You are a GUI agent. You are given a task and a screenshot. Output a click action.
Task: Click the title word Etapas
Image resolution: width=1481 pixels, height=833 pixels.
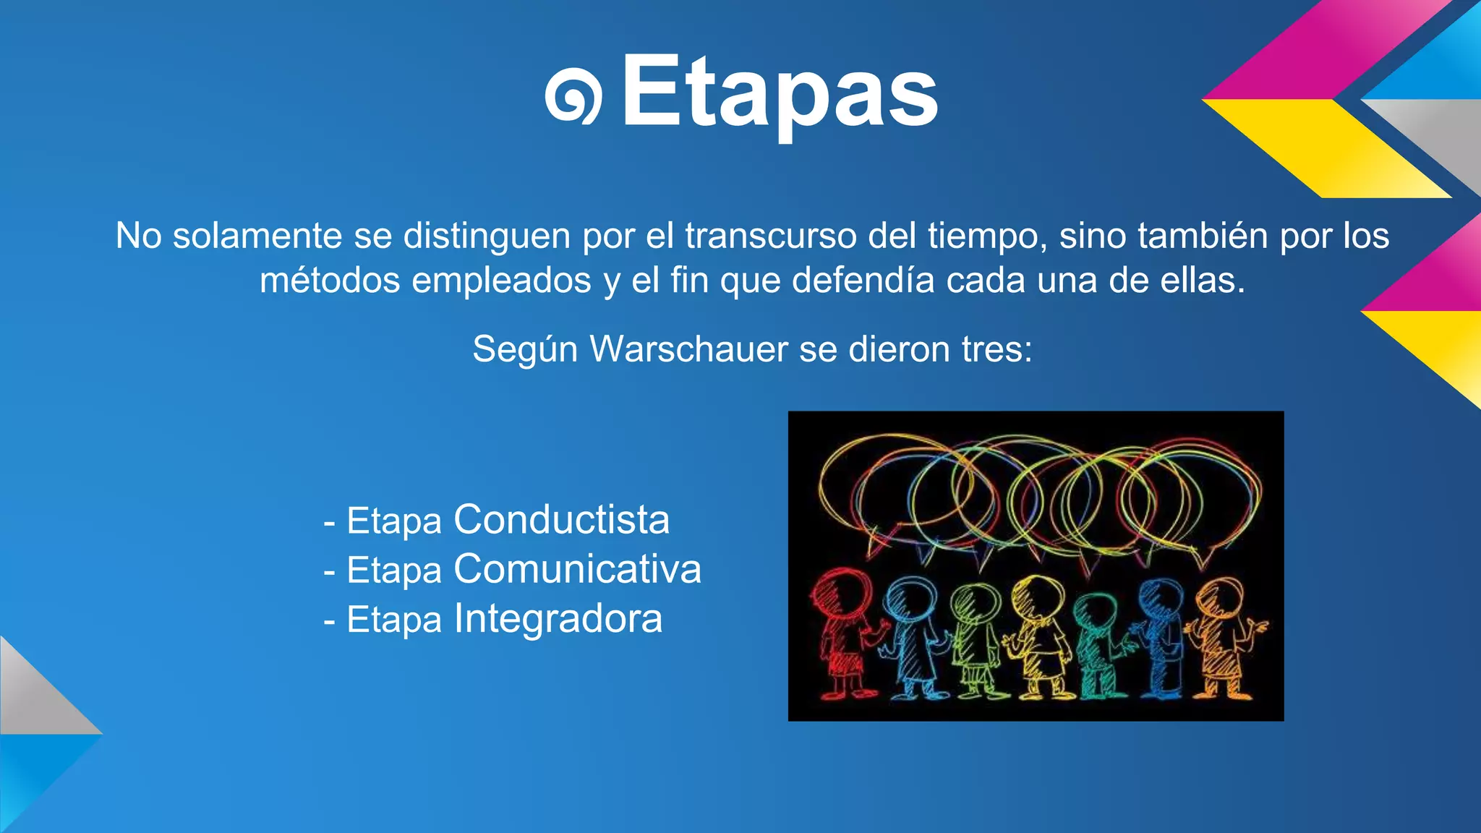[x=780, y=93]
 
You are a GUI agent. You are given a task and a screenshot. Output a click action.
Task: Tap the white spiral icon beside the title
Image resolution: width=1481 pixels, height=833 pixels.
[x=573, y=97]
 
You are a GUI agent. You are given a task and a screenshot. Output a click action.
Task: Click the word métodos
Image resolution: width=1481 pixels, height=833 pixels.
[x=330, y=281]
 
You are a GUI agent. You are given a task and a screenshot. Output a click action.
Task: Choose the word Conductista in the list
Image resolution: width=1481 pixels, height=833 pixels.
[x=561, y=520]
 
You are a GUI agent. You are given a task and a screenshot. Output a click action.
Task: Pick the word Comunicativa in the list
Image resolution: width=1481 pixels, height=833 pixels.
[x=577, y=569]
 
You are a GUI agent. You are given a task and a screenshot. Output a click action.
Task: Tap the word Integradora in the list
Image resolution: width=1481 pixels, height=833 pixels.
[x=558, y=619]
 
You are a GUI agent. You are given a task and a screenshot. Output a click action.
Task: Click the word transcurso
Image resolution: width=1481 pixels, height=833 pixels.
[x=771, y=236]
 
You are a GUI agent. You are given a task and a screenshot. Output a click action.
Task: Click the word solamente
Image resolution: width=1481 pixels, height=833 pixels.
[x=257, y=236]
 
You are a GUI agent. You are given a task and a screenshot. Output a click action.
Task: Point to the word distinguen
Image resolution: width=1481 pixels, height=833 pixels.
[x=487, y=236]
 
